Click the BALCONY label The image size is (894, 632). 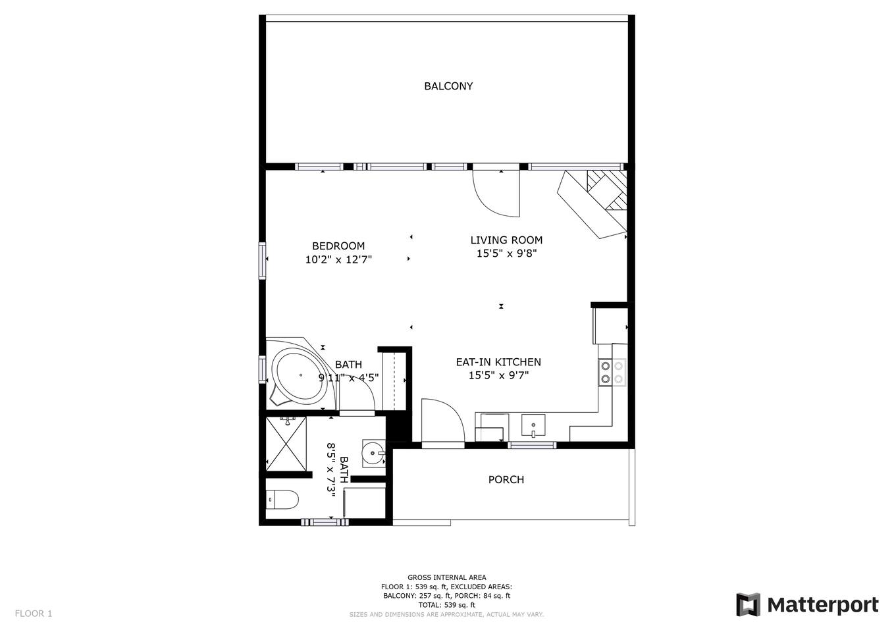click(x=448, y=86)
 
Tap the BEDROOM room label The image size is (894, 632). click(x=338, y=246)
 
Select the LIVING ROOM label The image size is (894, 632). click(x=506, y=240)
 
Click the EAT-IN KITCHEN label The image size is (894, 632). click(x=498, y=362)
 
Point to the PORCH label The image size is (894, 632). click(x=506, y=479)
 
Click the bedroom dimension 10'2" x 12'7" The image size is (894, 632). click(x=338, y=260)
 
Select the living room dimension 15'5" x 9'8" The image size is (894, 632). click(x=506, y=253)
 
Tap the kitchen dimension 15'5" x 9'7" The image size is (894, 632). click(x=498, y=375)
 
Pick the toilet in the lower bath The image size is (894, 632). click(x=282, y=499)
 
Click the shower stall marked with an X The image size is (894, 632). click(x=286, y=444)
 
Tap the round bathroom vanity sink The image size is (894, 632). click(x=373, y=453)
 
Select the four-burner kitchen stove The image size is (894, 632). click(x=612, y=372)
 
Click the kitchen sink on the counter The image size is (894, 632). click(x=533, y=425)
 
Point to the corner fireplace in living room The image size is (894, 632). click(x=592, y=204)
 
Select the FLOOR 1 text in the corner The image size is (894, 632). click(x=34, y=614)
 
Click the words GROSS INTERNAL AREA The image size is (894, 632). click(x=446, y=577)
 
